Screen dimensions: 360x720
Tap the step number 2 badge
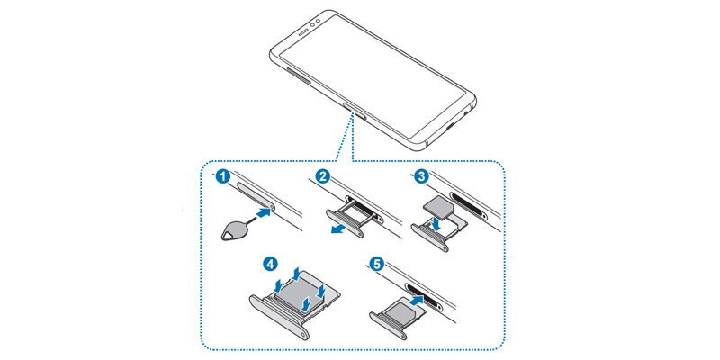point(326,176)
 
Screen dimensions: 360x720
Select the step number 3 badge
point(420,176)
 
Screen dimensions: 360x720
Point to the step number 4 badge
point(269,265)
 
